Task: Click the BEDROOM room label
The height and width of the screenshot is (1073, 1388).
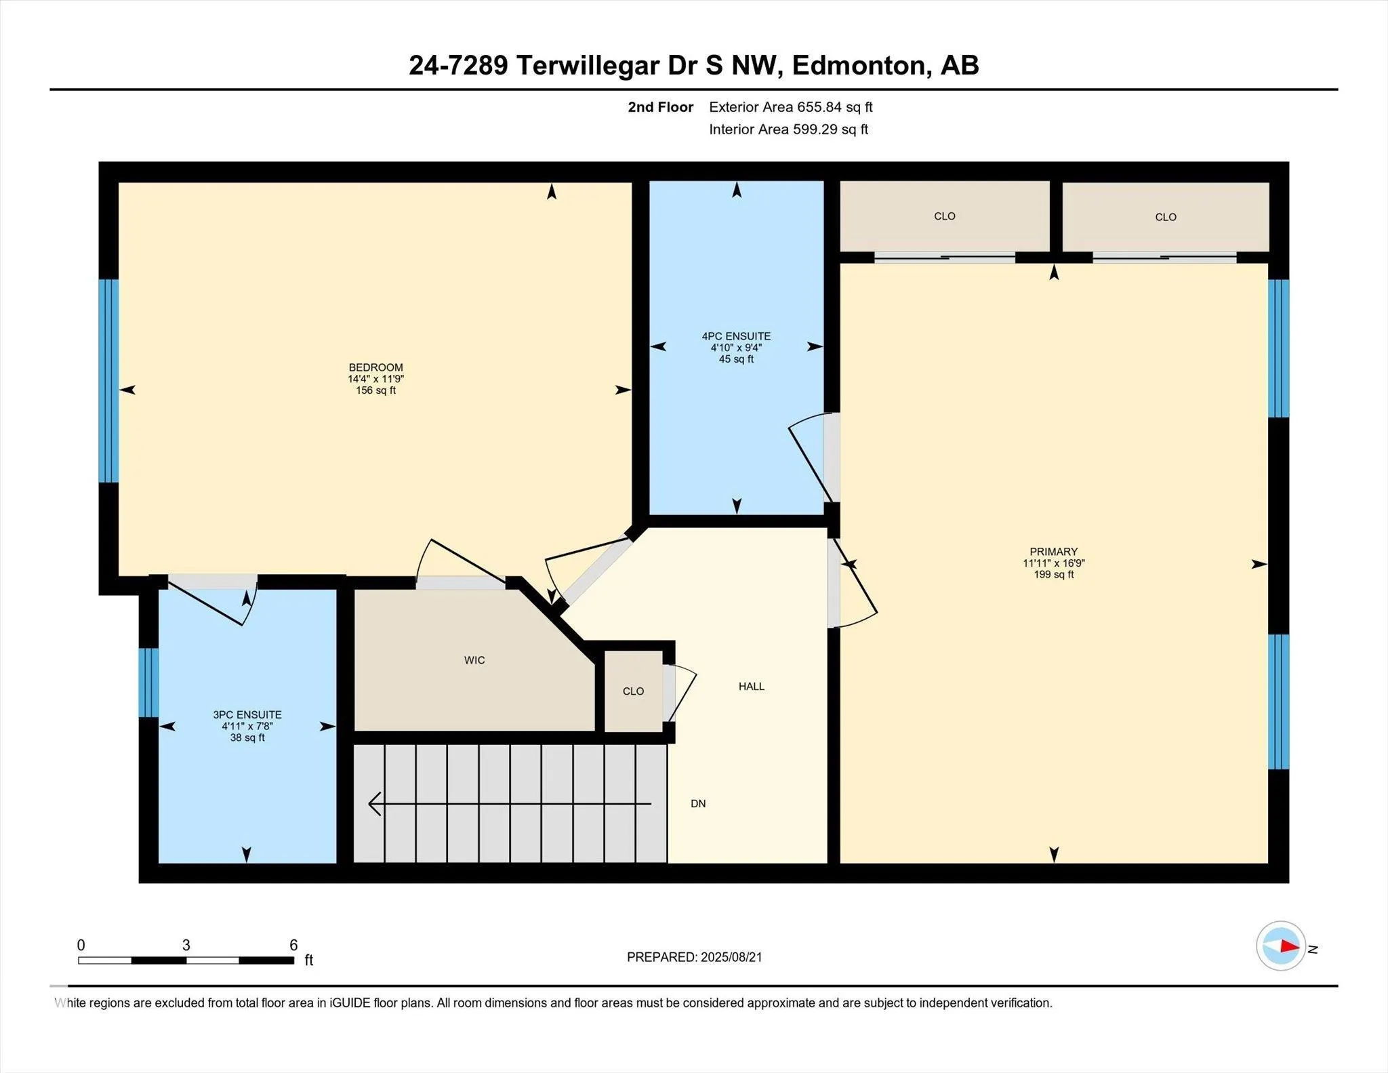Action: click(x=375, y=368)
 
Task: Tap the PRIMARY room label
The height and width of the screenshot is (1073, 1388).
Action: click(x=1053, y=552)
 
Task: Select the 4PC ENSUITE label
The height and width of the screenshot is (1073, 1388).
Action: click(x=736, y=336)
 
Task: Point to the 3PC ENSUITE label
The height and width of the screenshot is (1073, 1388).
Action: click(x=247, y=714)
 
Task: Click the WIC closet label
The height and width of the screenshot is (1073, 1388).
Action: click(x=474, y=660)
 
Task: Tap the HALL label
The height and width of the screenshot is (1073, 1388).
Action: click(x=752, y=687)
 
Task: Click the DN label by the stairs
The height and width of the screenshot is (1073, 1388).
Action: click(x=698, y=804)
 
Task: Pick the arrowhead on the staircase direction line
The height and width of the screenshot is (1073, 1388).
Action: click(x=375, y=804)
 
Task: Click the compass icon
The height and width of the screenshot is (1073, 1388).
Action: click(x=1280, y=946)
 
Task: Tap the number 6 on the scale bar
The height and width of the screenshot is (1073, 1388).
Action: click(x=293, y=945)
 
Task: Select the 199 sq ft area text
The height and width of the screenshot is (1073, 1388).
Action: click(x=1054, y=575)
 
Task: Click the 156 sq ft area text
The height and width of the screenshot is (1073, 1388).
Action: click(x=375, y=391)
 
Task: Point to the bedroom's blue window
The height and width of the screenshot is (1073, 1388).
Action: click(x=108, y=381)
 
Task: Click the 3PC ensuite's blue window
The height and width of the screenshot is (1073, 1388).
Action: click(x=148, y=683)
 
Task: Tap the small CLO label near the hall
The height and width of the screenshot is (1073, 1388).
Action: click(x=633, y=691)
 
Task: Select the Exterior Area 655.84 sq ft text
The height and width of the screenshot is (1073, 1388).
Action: click(x=791, y=107)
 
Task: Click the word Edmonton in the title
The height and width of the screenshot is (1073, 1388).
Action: click(x=858, y=66)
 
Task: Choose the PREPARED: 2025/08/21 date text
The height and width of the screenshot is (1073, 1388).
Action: click(x=695, y=957)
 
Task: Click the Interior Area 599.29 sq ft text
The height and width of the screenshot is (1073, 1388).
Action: click(x=788, y=129)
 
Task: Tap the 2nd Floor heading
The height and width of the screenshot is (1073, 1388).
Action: click(x=660, y=107)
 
